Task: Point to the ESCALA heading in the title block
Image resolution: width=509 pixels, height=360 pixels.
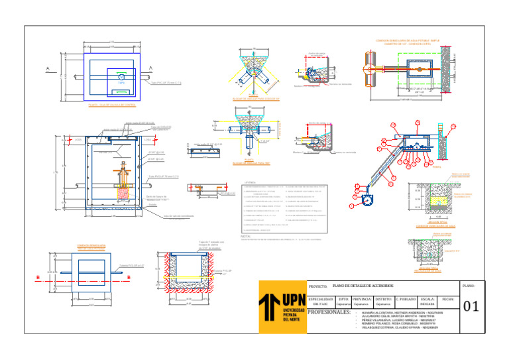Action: pyautogui.click(x=427, y=299)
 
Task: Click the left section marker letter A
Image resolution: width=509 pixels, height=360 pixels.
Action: pyautogui.click(x=48, y=69)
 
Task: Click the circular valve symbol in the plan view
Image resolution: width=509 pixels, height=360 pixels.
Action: pyautogui.click(x=121, y=78)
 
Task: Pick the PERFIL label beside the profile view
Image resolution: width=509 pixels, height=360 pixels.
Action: pyautogui.click(x=435, y=167)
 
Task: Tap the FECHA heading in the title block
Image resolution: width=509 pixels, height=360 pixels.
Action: pyautogui.click(x=448, y=299)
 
